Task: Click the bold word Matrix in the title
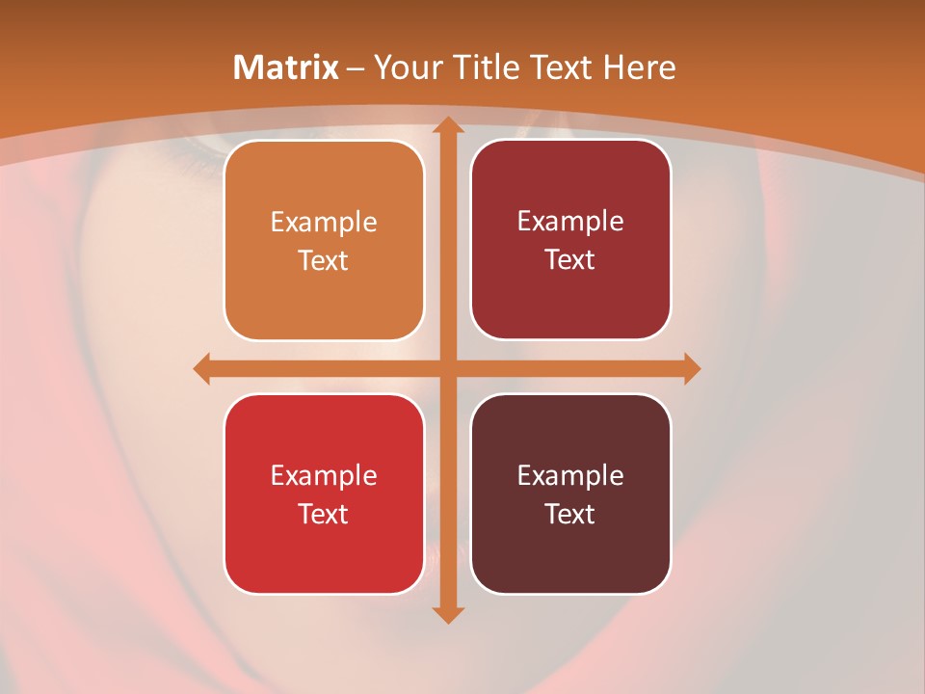click(286, 67)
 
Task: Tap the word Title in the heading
click(483, 67)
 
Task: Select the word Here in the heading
click(639, 67)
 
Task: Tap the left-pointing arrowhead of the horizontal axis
click(202, 369)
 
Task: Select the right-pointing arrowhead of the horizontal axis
click(691, 369)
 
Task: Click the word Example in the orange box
click(324, 223)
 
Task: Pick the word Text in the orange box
click(324, 260)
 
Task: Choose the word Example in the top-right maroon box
click(570, 222)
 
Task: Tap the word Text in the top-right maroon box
click(570, 259)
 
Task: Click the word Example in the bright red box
click(324, 476)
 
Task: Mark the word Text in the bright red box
click(324, 514)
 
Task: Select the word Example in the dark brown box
click(570, 476)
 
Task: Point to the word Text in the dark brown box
click(570, 514)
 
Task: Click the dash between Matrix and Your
click(356, 68)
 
